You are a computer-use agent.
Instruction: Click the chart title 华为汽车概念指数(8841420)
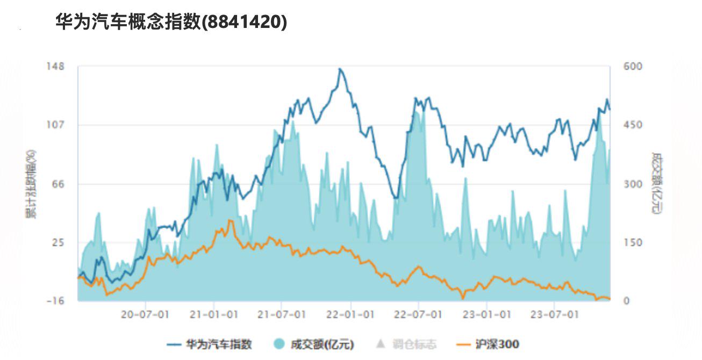click(x=171, y=21)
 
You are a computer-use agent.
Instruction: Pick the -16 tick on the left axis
click(x=55, y=301)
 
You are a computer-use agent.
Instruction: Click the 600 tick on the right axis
click(x=633, y=67)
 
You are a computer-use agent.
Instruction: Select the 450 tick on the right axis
click(x=633, y=125)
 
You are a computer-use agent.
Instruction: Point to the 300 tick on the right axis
click(x=633, y=184)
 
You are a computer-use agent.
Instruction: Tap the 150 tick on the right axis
click(x=633, y=242)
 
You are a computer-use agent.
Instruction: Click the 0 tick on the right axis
click(x=626, y=301)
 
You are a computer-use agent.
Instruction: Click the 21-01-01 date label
click(x=214, y=314)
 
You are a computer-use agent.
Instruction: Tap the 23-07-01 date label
click(x=555, y=314)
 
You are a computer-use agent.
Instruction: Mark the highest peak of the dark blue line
click(x=340, y=69)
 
